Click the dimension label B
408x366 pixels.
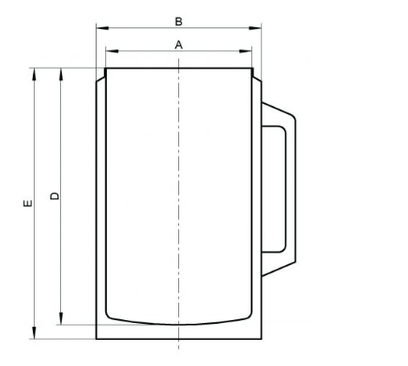[x=178, y=22]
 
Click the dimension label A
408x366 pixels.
[x=178, y=45]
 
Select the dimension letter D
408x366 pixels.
[x=54, y=196]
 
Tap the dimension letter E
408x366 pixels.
[x=28, y=203]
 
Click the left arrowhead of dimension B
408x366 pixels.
[x=102, y=28]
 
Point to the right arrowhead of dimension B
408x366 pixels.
[x=255, y=28]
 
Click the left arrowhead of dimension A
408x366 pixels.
[x=112, y=51]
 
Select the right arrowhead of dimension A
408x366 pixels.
[x=246, y=51]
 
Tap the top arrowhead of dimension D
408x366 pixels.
[x=61, y=74]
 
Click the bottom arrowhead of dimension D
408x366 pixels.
[x=61, y=318]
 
